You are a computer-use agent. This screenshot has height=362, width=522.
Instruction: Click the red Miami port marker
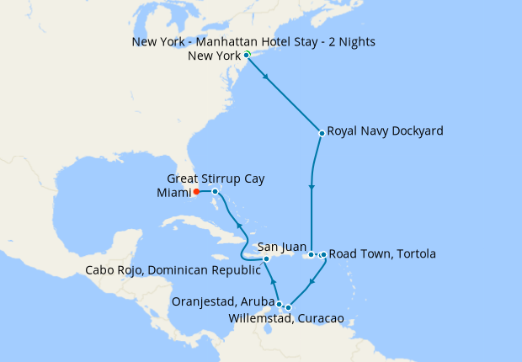tap(196, 191)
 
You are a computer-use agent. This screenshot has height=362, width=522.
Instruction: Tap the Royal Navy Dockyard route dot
tap(322, 132)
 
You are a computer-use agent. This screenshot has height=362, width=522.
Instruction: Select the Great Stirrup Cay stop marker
tap(216, 191)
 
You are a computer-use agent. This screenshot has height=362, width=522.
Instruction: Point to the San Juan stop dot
tap(311, 254)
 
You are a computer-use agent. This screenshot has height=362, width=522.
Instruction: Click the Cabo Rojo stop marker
tap(266, 259)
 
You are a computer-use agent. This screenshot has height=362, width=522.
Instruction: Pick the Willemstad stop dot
tap(288, 307)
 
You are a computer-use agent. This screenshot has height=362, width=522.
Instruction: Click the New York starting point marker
tap(246, 56)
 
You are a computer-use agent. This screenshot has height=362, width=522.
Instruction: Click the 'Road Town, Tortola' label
tap(382, 253)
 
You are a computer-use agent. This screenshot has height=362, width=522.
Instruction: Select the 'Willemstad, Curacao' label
tap(286, 320)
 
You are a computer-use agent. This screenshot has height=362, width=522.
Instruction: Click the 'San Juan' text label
tap(280, 247)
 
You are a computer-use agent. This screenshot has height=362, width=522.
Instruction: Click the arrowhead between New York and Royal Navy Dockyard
tap(267, 78)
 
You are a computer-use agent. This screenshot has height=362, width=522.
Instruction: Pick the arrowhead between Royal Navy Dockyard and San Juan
tap(312, 187)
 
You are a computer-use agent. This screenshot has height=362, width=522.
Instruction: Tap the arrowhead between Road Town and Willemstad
tap(312, 281)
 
